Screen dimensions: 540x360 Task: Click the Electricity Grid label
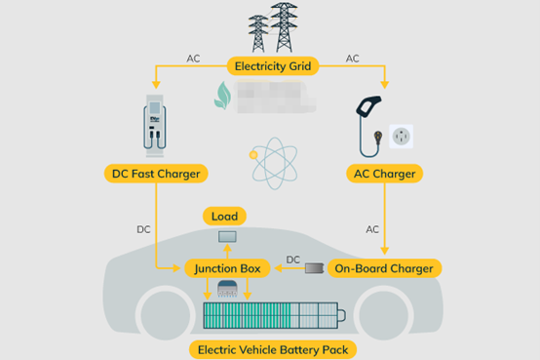click(x=273, y=67)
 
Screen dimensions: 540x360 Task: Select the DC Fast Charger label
click(x=156, y=175)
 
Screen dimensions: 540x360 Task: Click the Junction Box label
click(x=225, y=267)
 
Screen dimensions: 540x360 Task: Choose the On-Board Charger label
click(x=384, y=267)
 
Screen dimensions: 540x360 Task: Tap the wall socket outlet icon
click(x=401, y=138)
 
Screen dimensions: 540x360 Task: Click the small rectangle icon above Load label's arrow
click(x=226, y=237)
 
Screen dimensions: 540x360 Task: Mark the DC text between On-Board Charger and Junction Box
click(x=292, y=259)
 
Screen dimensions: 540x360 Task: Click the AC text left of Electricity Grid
click(x=193, y=59)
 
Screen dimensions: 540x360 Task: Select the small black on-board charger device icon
click(x=315, y=267)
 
